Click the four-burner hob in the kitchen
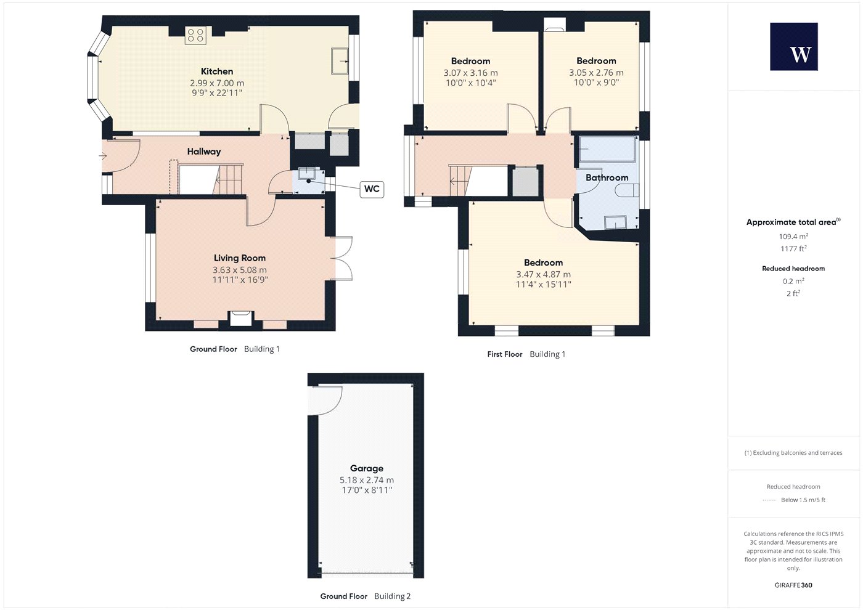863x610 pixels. (x=195, y=35)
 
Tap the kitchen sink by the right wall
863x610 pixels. (x=340, y=60)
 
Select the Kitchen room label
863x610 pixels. (x=217, y=71)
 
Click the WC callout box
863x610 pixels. (x=372, y=189)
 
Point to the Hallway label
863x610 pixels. (x=204, y=152)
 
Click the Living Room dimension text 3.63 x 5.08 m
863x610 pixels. (x=240, y=270)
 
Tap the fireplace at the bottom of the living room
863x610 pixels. (x=240, y=319)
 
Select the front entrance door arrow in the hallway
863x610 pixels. (x=102, y=156)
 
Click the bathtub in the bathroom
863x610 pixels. (x=608, y=149)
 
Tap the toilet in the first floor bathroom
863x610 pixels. (x=627, y=190)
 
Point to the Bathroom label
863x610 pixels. (x=607, y=177)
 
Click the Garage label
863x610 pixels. (x=366, y=468)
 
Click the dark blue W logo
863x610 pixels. (x=794, y=47)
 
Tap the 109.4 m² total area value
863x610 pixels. (x=793, y=237)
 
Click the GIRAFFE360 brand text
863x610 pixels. (x=793, y=585)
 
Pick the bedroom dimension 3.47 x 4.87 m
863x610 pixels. (x=543, y=274)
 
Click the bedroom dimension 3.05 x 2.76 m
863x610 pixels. (x=596, y=73)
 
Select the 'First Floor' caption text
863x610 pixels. (x=505, y=354)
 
